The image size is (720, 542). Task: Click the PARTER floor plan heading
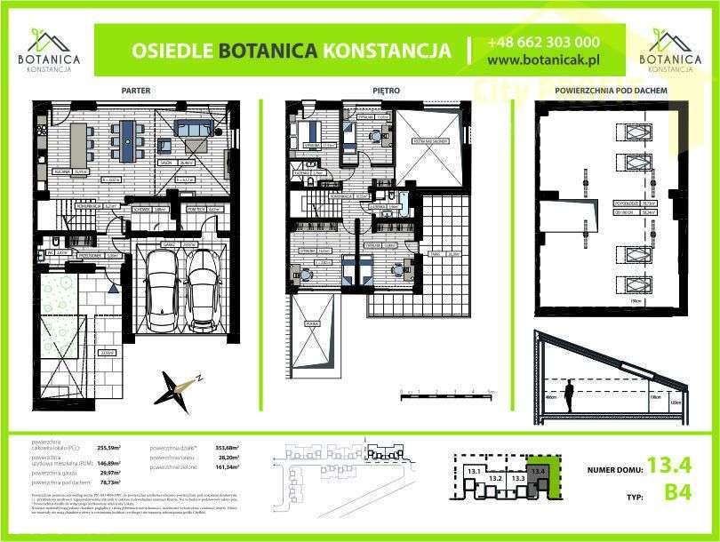point(135,91)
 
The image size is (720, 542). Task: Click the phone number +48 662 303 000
point(542,42)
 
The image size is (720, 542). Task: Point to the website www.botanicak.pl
point(543,60)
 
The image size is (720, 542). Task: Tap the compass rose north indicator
point(178,387)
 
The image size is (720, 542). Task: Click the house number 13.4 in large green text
point(668,464)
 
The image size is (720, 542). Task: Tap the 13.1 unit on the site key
point(474,471)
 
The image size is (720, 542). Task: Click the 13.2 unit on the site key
point(496,478)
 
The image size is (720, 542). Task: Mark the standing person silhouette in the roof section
point(569,395)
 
